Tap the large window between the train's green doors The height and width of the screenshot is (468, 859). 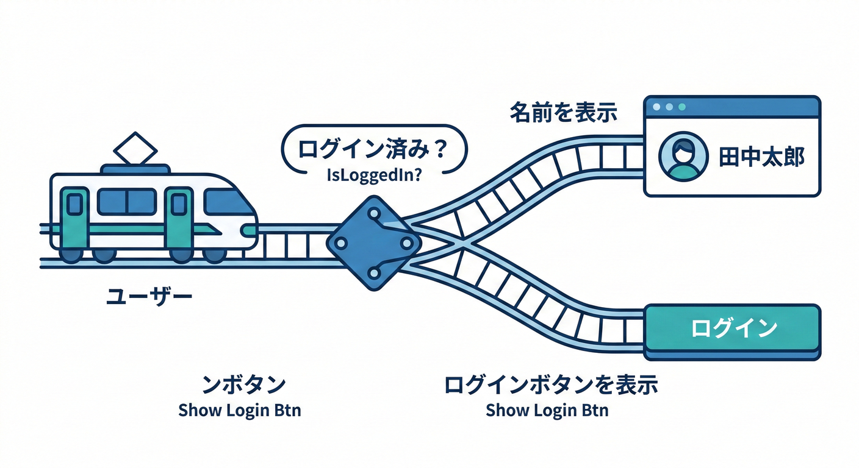(127, 202)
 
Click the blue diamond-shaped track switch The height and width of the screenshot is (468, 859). (373, 243)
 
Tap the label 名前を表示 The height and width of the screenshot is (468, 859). (564, 113)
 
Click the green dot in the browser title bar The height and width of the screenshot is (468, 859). (682, 107)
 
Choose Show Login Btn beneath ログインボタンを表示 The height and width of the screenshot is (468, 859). (547, 410)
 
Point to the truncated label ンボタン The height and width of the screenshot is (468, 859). (243, 385)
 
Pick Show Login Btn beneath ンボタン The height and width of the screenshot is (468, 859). (240, 410)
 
